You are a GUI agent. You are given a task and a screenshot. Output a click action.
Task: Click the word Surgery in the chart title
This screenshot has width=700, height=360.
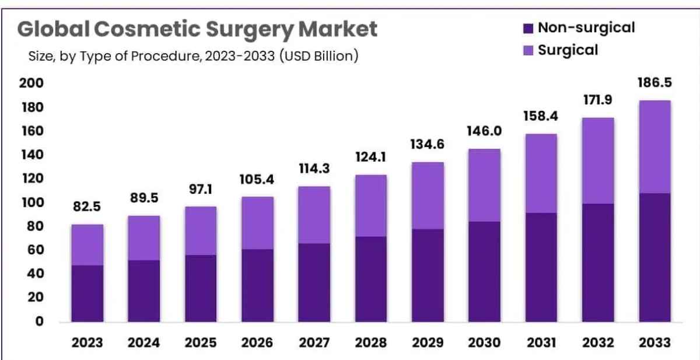tap(250, 30)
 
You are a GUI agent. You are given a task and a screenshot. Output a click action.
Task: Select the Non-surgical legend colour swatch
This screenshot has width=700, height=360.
tap(528, 29)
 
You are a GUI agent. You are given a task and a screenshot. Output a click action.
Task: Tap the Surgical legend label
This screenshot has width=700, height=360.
tap(568, 50)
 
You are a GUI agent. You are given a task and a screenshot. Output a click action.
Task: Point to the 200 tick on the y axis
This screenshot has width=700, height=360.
tap(32, 83)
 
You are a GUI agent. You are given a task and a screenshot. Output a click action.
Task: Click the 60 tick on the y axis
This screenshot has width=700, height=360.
tap(36, 250)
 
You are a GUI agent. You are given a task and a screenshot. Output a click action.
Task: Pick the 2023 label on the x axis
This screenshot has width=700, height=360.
tap(87, 342)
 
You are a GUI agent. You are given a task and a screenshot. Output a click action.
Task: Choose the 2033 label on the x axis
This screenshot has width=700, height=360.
tap(654, 342)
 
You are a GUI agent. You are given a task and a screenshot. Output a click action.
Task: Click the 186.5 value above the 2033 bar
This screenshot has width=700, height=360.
tap(654, 83)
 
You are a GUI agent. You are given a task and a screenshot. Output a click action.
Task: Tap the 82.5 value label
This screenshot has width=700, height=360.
tap(87, 207)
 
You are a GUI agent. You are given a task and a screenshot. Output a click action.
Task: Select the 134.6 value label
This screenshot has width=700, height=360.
tap(427, 144)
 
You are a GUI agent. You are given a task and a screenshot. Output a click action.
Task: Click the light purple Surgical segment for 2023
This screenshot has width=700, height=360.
tap(87, 245)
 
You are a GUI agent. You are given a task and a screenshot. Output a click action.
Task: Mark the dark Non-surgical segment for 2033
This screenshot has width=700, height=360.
tap(655, 257)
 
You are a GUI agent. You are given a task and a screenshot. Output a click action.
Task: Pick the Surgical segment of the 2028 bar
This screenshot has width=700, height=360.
tap(371, 206)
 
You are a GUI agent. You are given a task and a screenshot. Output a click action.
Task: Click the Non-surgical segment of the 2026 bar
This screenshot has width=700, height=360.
tap(257, 286)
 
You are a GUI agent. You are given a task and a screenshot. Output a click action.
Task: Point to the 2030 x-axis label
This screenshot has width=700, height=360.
tap(484, 342)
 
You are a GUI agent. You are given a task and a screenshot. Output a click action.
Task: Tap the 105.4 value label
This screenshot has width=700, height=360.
tap(257, 180)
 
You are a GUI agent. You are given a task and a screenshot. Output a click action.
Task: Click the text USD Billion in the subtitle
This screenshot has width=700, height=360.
tap(319, 56)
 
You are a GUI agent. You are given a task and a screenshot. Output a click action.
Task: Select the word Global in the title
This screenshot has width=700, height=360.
tap(54, 29)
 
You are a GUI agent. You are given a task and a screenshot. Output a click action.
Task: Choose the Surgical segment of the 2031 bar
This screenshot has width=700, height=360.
tap(541, 174)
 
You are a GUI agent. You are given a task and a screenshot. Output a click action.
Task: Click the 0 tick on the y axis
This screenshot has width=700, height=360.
tap(40, 321)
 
